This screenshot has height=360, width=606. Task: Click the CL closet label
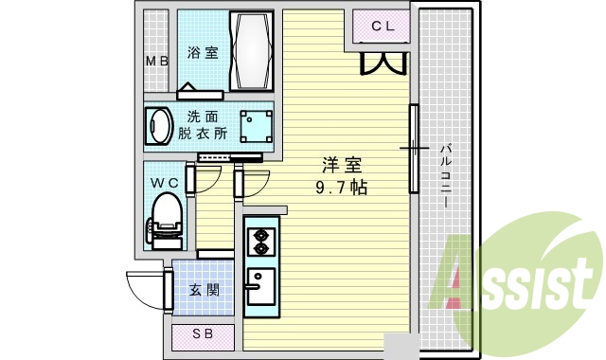coord(383,26)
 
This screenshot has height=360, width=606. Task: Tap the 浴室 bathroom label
coord(202,53)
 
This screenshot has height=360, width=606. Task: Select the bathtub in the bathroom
coord(251,52)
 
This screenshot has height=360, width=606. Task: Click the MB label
coord(155,63)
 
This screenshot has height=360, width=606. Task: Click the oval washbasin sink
coord(157,126)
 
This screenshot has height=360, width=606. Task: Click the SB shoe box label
coord(203,334)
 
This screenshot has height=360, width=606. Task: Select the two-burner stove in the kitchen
coord(258,241)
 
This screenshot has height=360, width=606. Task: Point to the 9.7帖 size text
coord(342,187)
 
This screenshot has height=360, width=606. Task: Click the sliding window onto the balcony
coord(413,149)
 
